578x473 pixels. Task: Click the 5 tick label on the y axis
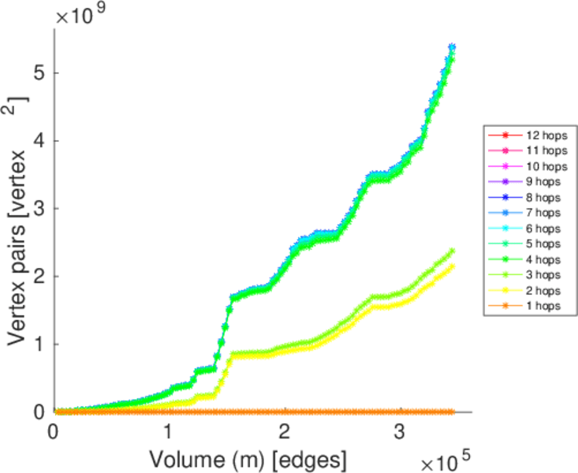pos(39,73)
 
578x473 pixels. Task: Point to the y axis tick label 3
pos(39,208)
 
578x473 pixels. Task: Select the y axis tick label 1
pos(39,345)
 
